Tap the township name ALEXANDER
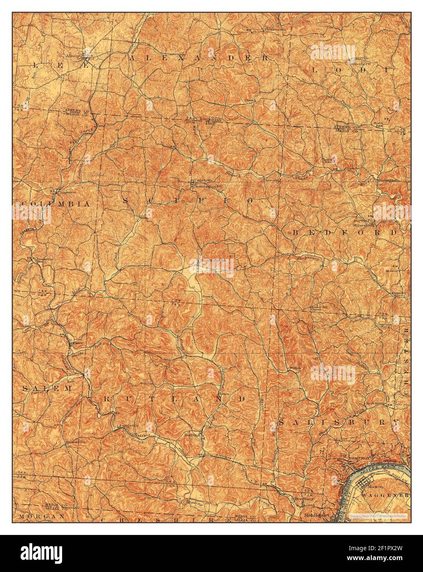coord(199,58)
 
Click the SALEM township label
coord(41,388)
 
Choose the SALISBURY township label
coord(339,422)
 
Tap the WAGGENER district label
coord(385,495)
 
